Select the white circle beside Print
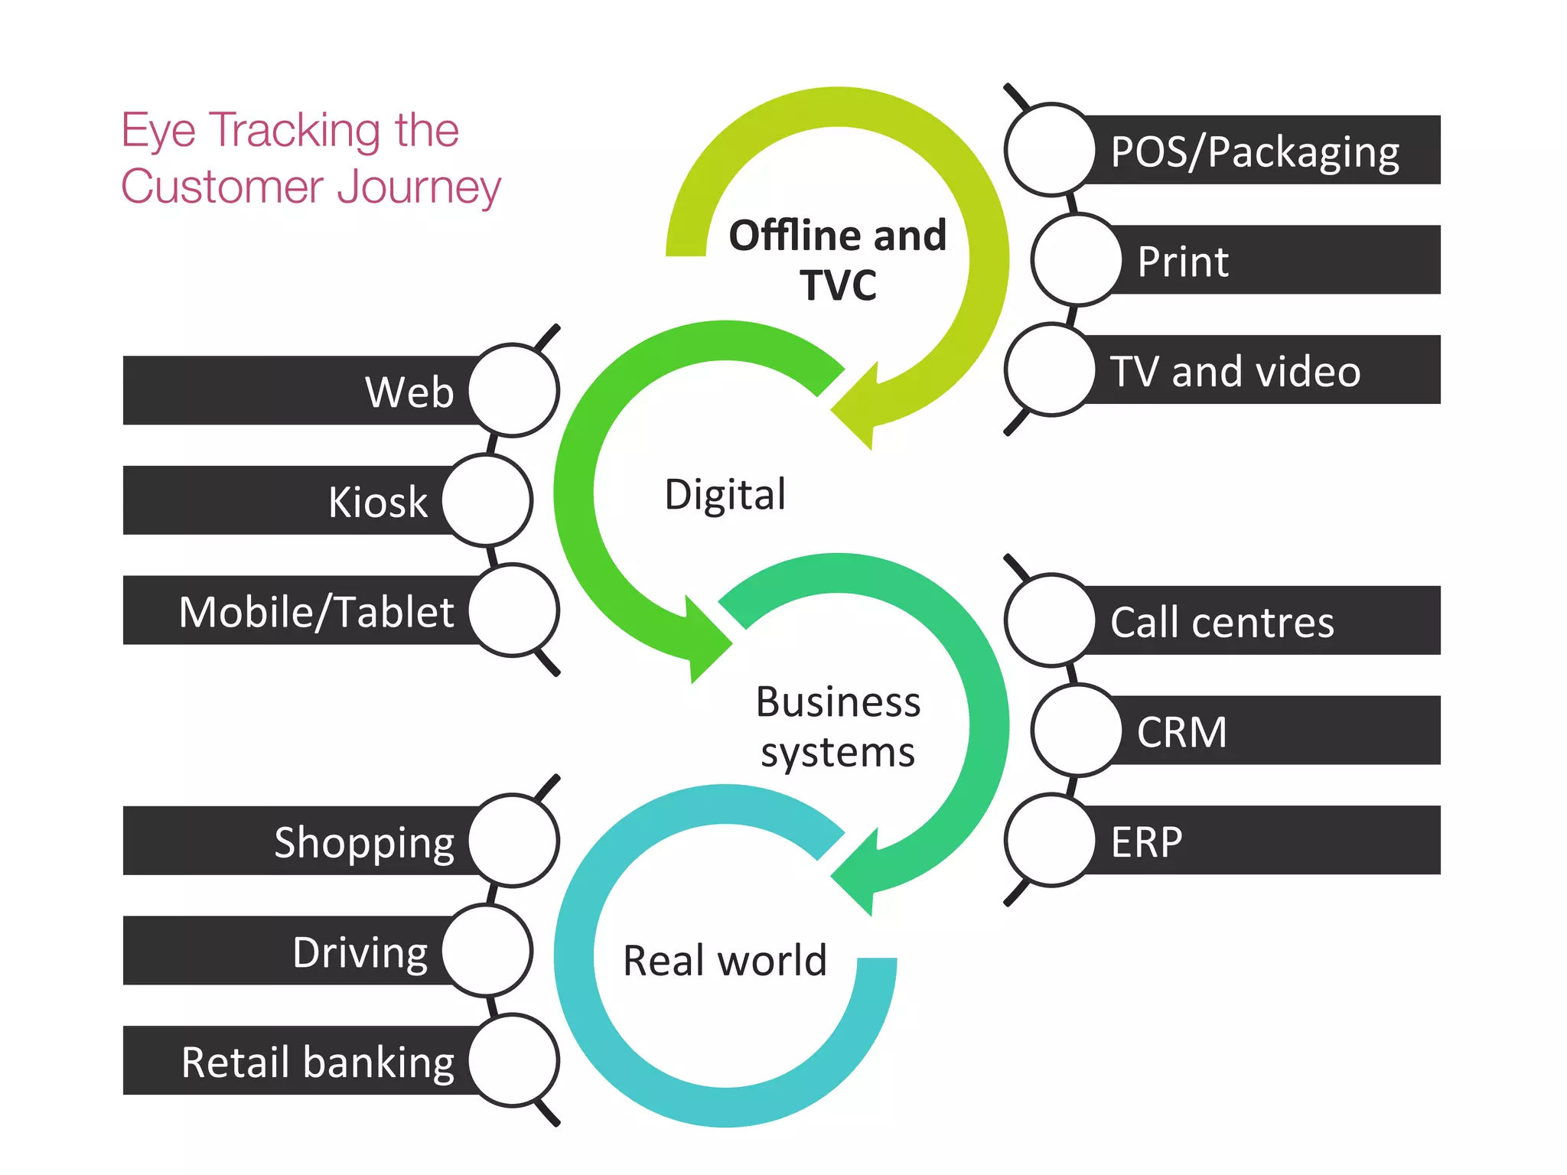coord(1076,260)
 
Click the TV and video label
coord(1235,371)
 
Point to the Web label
coord(409,392)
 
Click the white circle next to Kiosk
coord(487,500)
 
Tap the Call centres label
coord(1222,621)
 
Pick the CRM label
coord(1182,731)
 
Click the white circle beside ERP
coord(1050,840)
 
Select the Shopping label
coord(364,842)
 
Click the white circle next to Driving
coord(487,950)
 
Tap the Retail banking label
coord(318,1062)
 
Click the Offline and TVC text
coord(838,259)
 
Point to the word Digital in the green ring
coord(725,493)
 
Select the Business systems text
coord(838,727)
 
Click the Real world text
coord(725,960)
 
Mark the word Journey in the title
coord(419,187)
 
